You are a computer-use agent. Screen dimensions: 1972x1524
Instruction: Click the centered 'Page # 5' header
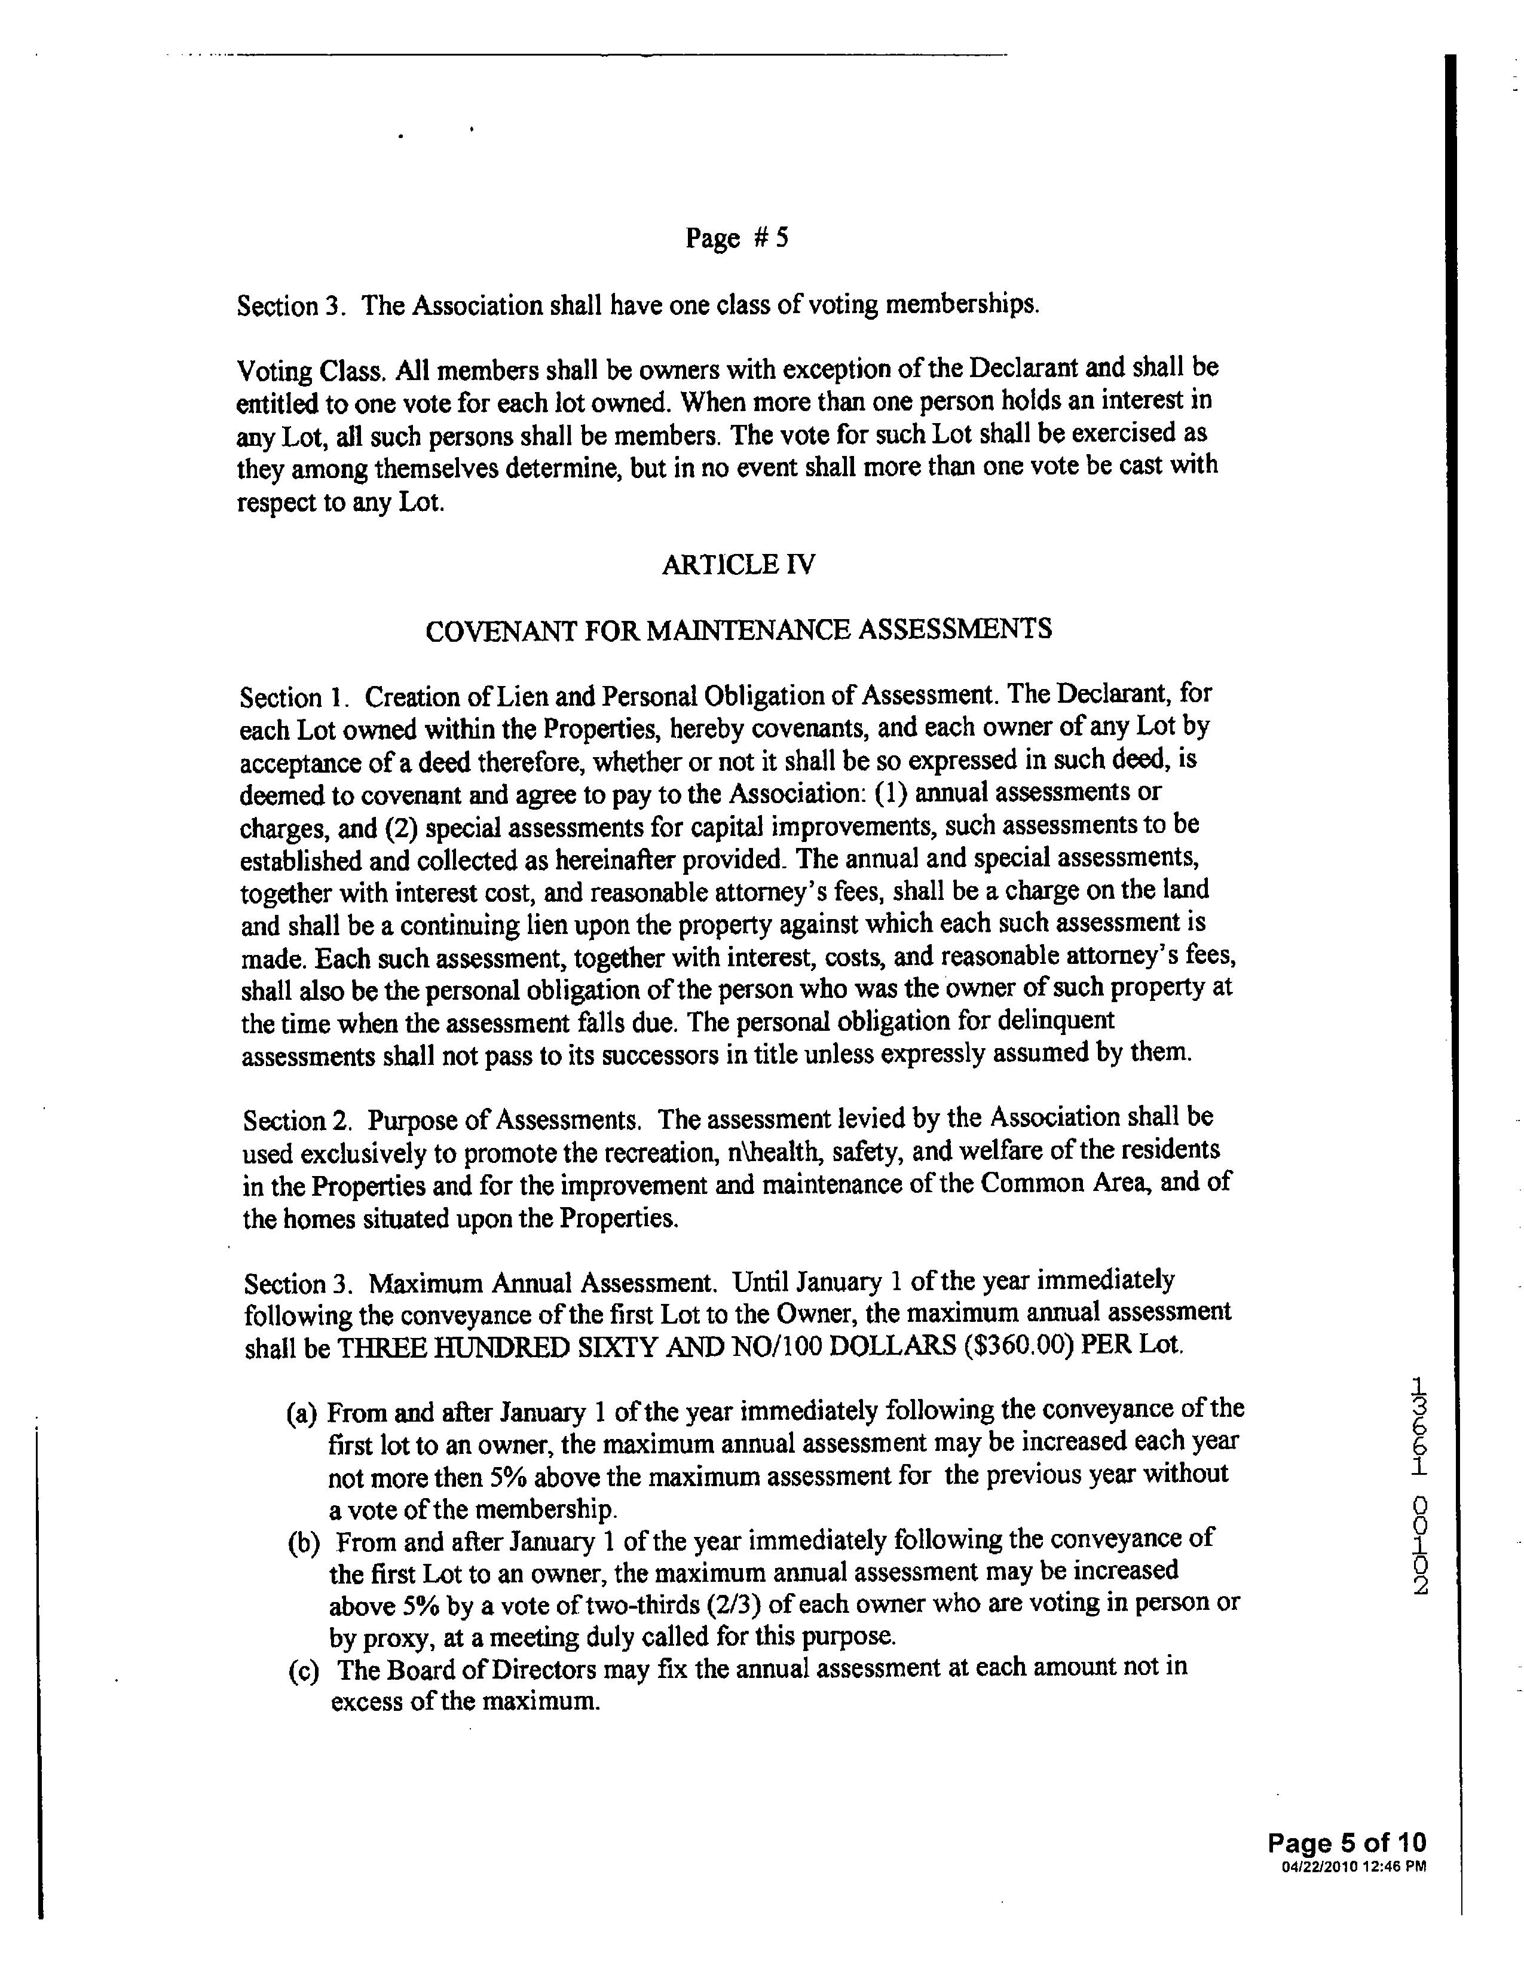click(737, 238)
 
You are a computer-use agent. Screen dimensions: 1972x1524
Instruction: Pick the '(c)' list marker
click(304, 1671)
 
